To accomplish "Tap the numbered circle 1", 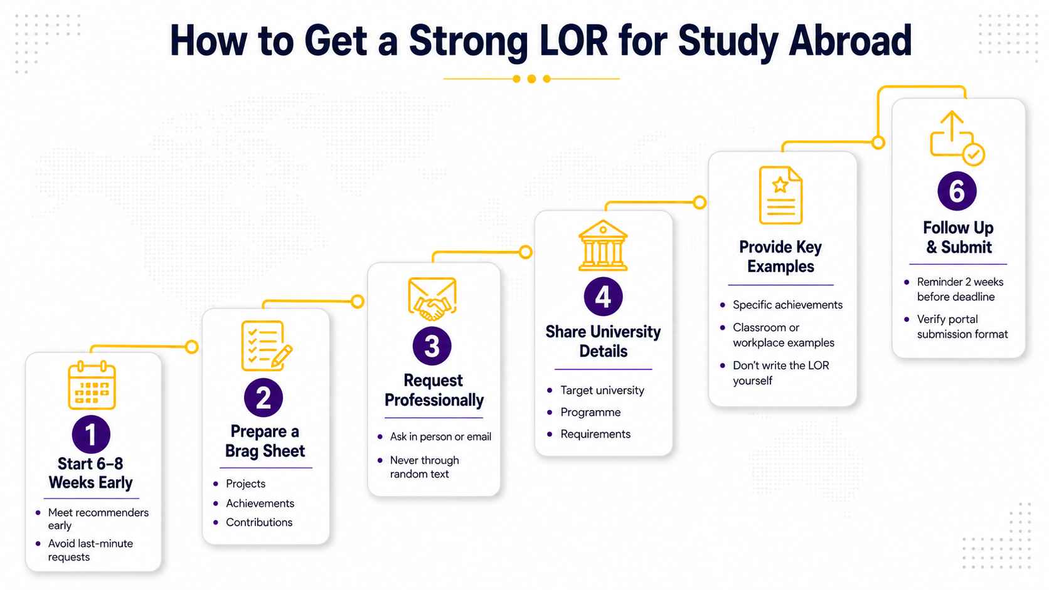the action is [x=92, y=435].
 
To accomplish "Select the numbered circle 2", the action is [x=263, y=398].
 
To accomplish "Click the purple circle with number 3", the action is [x=432, y=346].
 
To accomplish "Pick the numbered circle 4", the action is [x=603, y=297].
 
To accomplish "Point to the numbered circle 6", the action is [x=957, y=191].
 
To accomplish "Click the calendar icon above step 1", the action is [x=92, y=385].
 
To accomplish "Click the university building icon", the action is [x=603, y=246].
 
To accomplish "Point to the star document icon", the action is [x=780, y=195].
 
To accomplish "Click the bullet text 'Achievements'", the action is [x=260, y=503].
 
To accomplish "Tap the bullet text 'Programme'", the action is [x=590, y=412].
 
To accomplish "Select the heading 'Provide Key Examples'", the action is [x=780, y=256].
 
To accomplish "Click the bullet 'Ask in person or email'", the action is [x=440, y=436].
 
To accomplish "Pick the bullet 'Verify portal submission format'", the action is [x=962, y=327].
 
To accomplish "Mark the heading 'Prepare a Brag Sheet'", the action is [x=265, y=441].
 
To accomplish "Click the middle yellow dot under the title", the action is [x=531, y=79].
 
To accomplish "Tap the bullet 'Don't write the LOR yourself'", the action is [x=780, y=373].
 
